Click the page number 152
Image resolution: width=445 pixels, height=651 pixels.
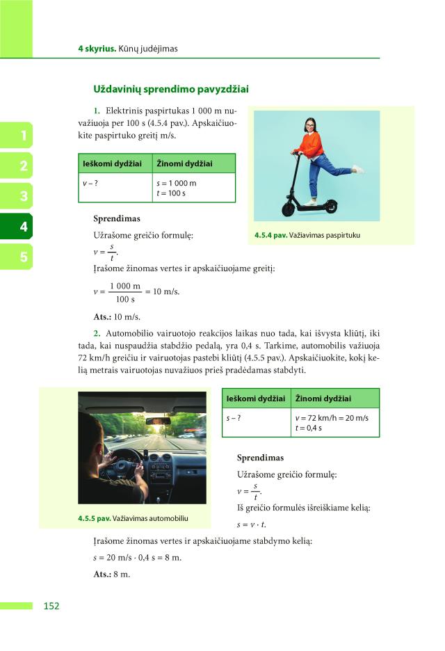(x=51, y=606)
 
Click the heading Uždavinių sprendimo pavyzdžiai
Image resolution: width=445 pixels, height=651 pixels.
(x=171, y=89)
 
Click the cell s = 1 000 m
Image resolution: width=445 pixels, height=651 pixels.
(x=177, y=183)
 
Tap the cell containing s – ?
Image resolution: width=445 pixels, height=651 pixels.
(x=234, y=418)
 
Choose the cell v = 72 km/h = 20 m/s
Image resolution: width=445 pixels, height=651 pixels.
(x=332, y=418)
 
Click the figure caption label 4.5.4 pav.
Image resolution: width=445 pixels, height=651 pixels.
(x=270, y=235)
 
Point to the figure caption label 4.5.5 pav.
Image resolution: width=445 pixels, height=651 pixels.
(x=95, y=518)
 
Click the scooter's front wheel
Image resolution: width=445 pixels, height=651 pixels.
(x=288, y=208)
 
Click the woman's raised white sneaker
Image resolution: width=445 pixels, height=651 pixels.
(x=357, y=169)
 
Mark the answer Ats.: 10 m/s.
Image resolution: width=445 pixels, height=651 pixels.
(x=117, y=316)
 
